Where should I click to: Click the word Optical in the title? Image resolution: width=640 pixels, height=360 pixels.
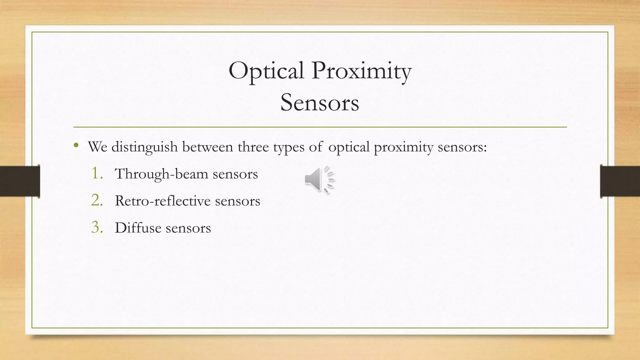(x=266, y=71)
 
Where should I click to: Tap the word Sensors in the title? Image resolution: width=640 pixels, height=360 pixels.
(x=320, y=103)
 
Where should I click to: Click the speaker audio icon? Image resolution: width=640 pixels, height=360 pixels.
(x=319, y=180)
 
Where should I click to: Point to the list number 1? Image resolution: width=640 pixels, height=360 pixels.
(x=97, y=173)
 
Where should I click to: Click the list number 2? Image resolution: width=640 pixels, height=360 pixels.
(x=97, y=200)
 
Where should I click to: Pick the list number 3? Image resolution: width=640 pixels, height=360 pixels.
(x=97, y=227)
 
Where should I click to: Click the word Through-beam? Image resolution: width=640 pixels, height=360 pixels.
(x=162, y=174)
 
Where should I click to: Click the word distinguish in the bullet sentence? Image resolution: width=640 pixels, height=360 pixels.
(x=144, y=147)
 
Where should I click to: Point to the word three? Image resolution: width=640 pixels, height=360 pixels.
(x=253, y=147)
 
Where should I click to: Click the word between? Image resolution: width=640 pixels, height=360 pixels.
(x=207, y=147)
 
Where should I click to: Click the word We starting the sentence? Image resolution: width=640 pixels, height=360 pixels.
(x=97, y=147)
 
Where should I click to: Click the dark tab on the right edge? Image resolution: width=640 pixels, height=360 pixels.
(x=620, y=181)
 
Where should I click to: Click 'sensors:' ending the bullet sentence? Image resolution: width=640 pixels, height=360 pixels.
(x=462, y=147)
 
